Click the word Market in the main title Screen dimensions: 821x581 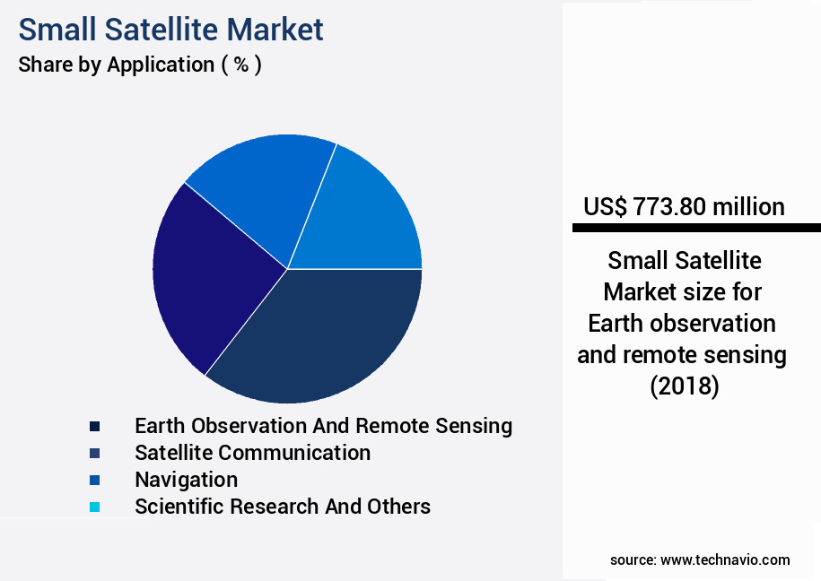coord(275,30)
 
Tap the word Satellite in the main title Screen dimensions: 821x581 coord(162,30)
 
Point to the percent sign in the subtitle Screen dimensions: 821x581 coord(241,65)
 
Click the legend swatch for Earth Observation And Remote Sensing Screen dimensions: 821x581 coord(95,426)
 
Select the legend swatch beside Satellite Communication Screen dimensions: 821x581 coord(95,454)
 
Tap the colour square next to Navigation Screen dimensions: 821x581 coord(95,480)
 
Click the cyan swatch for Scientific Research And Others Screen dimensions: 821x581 coord(95,507)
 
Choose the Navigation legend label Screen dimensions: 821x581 coord(187,481)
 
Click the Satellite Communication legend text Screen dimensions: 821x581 coord(253,453)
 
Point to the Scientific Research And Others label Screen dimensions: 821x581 coord(283,507)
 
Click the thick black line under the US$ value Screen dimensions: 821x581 coord(696,228)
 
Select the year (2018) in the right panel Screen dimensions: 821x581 coord(685,386)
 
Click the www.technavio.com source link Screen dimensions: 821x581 coord(725,560)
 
